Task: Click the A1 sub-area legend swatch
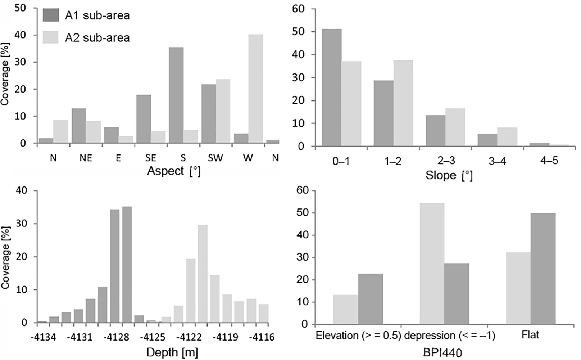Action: pos(50,15)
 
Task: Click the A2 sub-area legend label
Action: pos(97,38)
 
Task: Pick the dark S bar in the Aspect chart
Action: pos(176,95)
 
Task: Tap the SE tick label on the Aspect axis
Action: pos(151,158)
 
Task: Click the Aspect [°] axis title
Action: pos(174,171)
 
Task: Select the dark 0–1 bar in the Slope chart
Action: pos(332,87)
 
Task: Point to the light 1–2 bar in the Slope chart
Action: pos(403,103)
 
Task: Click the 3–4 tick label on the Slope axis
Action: pos(497,161)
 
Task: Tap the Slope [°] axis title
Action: pos(449,176)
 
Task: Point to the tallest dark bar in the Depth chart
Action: pos(127,265)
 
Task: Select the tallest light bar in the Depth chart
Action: pos(203,274)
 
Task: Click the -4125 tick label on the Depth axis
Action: pos(153,337)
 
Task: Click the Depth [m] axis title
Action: pos(172,352)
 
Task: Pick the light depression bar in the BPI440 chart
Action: pos(432,264)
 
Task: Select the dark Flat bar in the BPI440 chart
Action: pos(543,269)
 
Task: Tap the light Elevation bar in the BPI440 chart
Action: pos(345,310)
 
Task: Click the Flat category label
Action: pos(530,335)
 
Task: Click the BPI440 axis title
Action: pos(442,352)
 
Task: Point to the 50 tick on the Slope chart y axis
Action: pos(299,32)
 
